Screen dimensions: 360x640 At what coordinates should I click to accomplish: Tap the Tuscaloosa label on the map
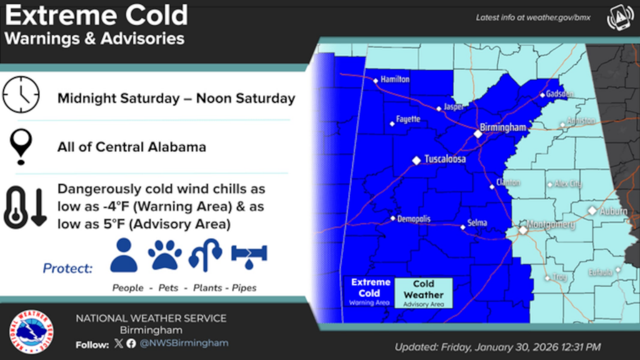click(445, 159)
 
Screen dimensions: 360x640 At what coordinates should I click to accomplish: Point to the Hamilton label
click(395, 79)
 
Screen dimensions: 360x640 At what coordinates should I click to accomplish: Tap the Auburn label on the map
click(613, 212)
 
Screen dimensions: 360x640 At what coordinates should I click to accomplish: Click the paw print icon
click(165, 255)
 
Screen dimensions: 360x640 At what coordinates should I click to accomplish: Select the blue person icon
click(124, 255)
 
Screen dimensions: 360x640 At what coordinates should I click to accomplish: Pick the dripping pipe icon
click(249, 255)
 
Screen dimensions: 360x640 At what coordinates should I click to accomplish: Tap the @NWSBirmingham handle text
click(184, 343)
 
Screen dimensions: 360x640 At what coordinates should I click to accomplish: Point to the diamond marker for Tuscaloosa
click(416, 161)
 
